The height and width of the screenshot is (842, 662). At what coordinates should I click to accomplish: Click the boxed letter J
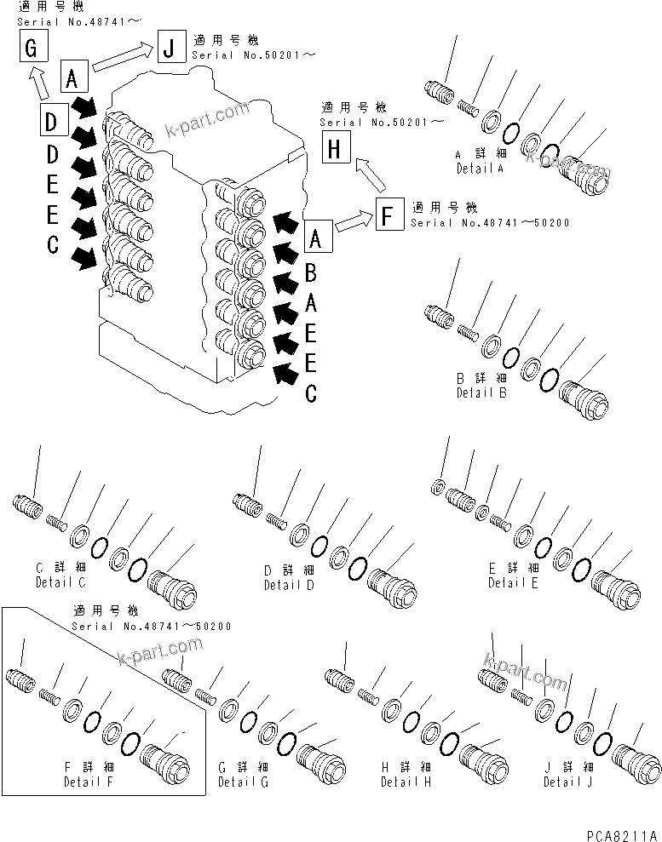coord(168,48)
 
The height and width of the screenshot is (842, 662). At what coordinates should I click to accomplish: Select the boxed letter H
coord(334,150)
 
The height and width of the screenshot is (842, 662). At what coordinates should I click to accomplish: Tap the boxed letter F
coord(388,216)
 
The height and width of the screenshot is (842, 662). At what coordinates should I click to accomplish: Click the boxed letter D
coord(52,123)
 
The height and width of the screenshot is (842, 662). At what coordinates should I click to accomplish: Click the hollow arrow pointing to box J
coord(123,59)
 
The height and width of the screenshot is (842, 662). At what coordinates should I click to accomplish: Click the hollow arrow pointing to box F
coord(353,224)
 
